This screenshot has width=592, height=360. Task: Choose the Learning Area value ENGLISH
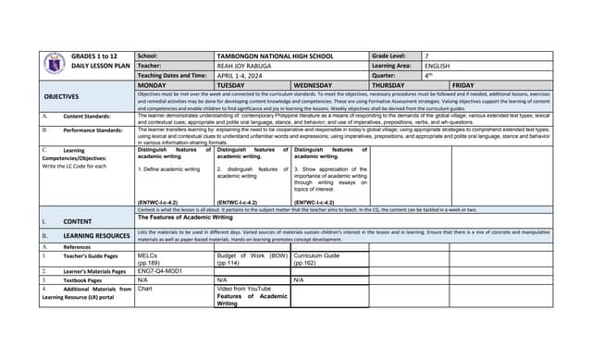(438, 66)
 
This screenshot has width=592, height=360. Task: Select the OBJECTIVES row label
(62, 96)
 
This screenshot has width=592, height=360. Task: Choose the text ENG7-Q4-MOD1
(161, 271)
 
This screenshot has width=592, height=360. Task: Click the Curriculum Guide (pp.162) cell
(317, 258)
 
